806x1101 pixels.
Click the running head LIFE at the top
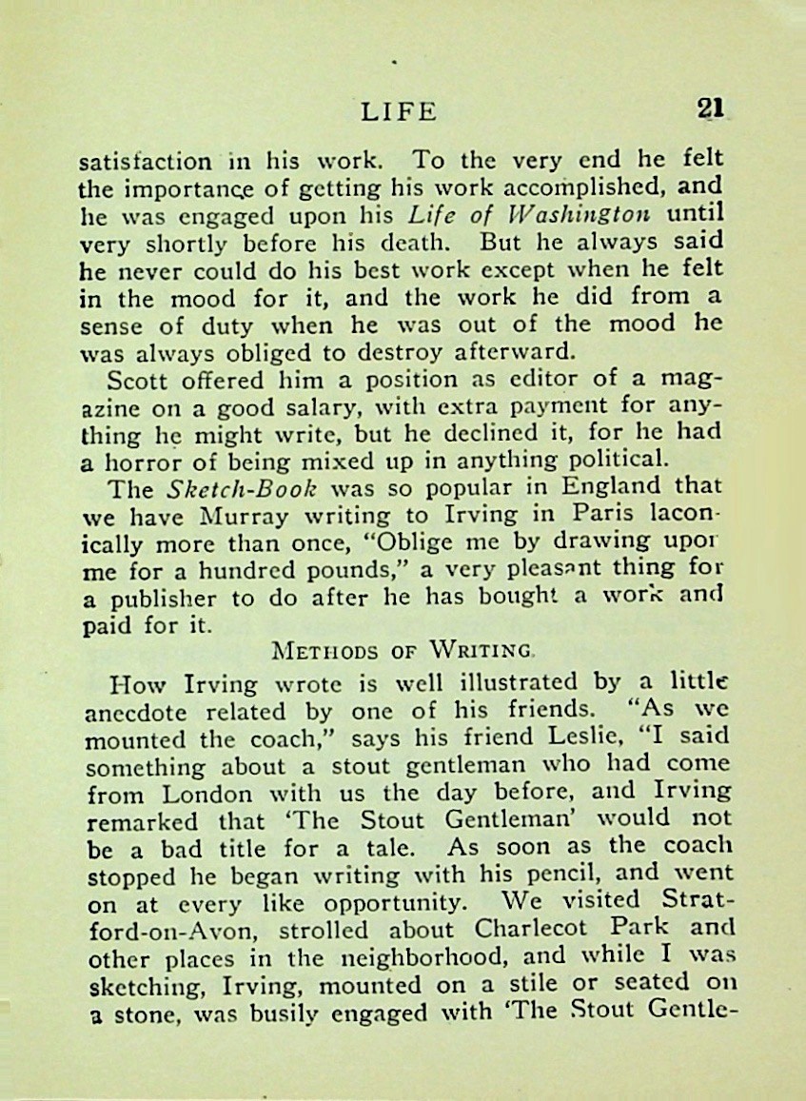[400, 111]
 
